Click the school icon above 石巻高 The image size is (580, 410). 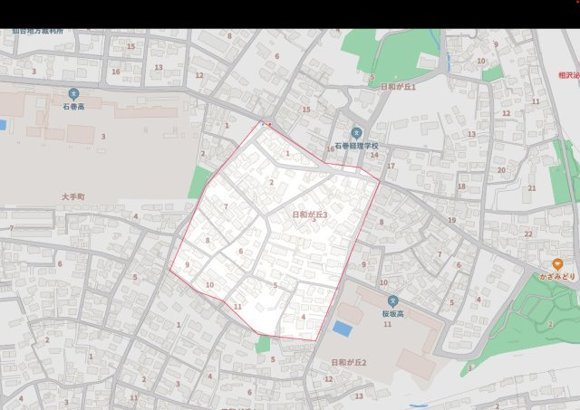pyautogui.click(x=73, y=93)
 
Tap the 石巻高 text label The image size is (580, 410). pyautogui.click(x=73, y=107)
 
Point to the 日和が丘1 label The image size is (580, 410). pyautogui.click(x=398, y=87)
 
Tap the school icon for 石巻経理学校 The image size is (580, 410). pyautogui.click(x=356, y=133)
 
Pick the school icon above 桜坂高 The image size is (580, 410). pyautogui.click(x=392, y=301)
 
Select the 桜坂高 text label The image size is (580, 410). pyautogui.click(x=392, y=314)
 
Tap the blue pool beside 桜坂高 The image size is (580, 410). pyautogui.click(x=343, y=327)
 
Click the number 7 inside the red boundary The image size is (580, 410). pyautogui.click(x=226, y=207)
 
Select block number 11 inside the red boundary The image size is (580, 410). pyautogui.click(x=237, y=307)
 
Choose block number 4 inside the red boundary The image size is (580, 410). pyautogui.click(x=303, y=317)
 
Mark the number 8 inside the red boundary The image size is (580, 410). pyautogui.click(x=208, y=241)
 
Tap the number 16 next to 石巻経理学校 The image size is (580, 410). pyautogui.click(x=330, y=149)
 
